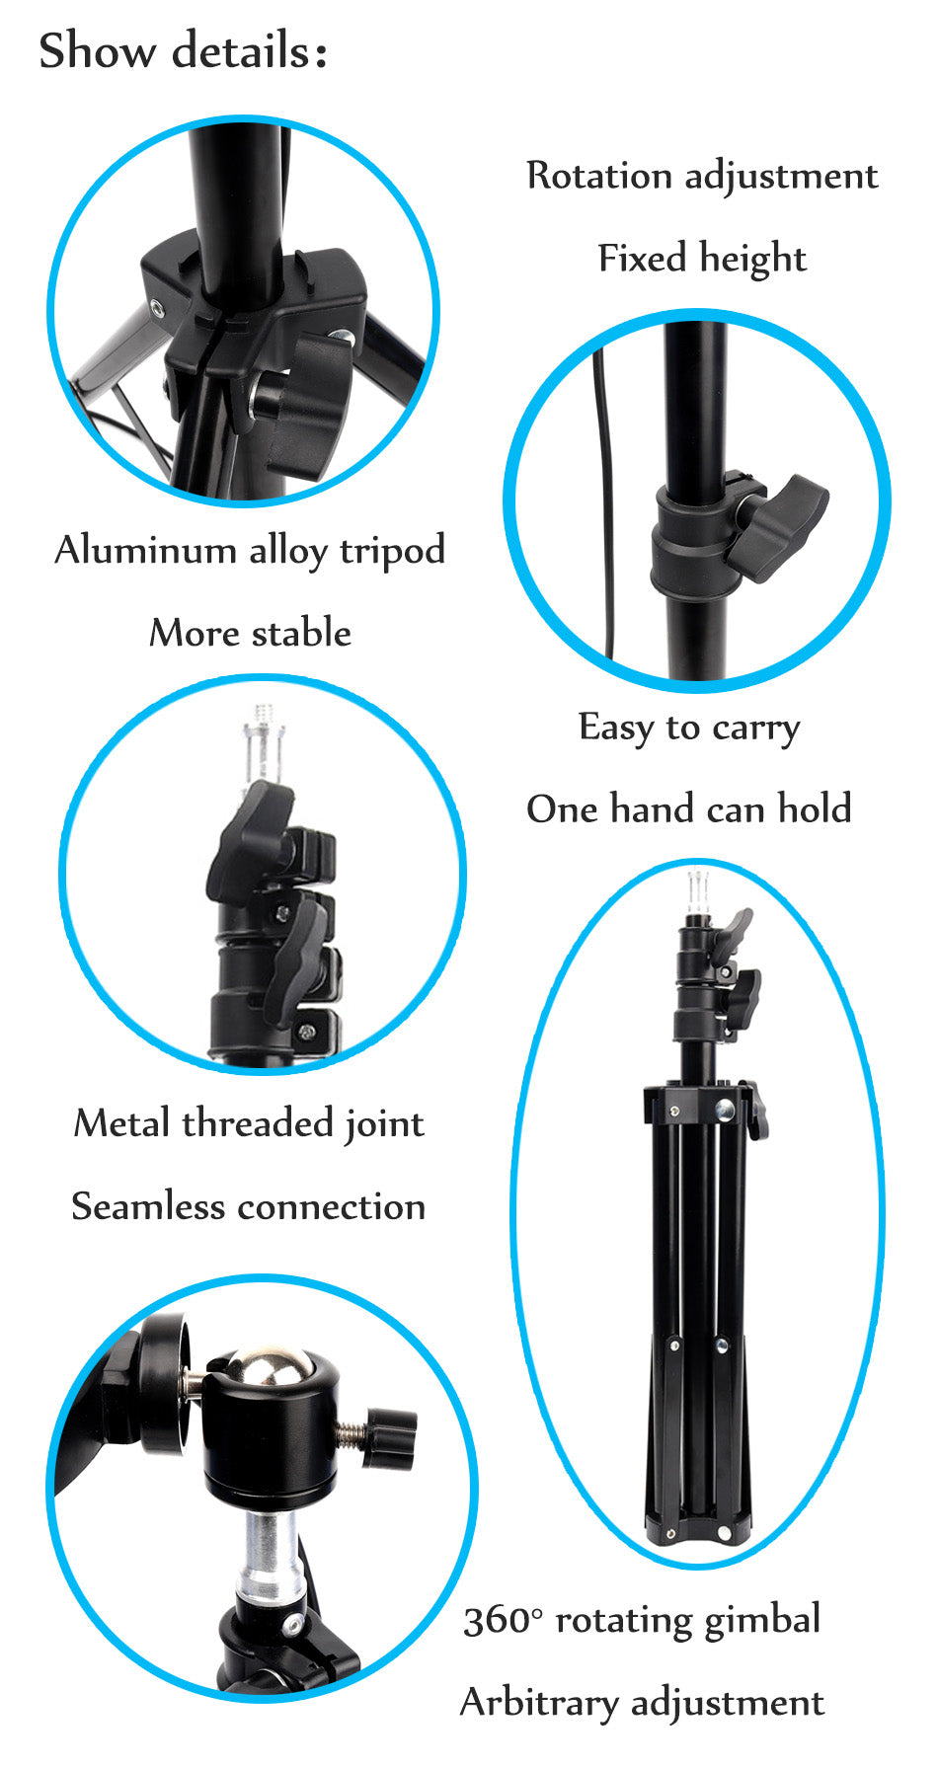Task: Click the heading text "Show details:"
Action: click(183, 51)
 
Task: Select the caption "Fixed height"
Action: click(702, 259)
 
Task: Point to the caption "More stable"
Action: click(250, 633)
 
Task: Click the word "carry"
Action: click(756, 729)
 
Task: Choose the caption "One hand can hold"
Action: click(689, 809)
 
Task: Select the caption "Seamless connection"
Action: click(248, 1206)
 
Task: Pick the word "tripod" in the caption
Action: click(392, 551)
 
